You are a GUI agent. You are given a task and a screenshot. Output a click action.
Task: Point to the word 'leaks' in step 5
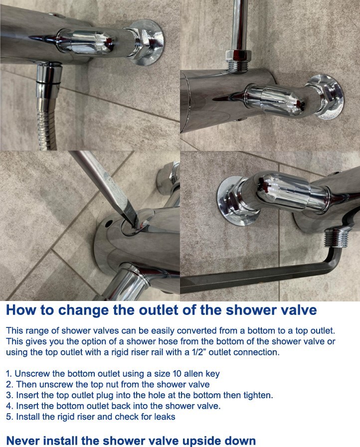(x=165, y=417)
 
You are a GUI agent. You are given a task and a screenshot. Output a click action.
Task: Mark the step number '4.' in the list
(x=9, y=406)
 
